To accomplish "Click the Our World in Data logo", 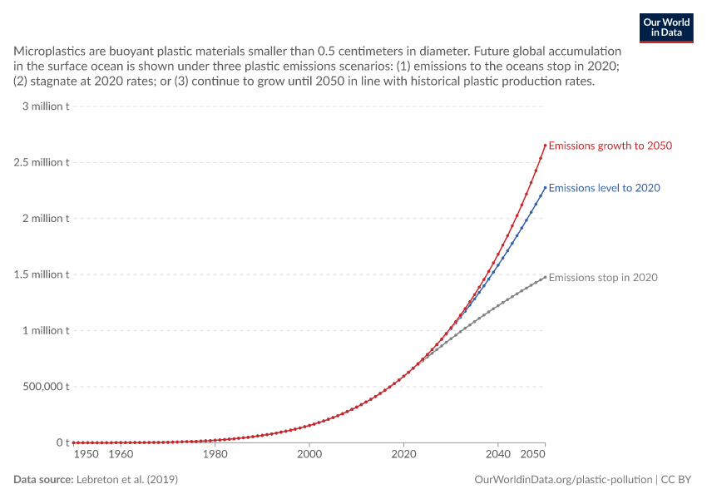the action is tap(666, 28).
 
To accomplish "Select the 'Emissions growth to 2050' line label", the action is tap(610, 146).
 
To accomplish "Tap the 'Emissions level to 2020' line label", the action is tap(604, 188).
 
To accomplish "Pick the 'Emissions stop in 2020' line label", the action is tap(603, 277).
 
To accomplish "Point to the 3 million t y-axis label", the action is tap(46, 106).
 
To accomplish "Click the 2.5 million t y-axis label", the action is tap(42, 162).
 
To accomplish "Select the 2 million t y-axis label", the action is tap(46, 218).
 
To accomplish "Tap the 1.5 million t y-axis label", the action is tap(42, 274).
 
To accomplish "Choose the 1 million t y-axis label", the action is tap(46, 330).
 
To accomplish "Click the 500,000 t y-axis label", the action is tap(46, 386).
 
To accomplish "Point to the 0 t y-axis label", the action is tap(62, 442).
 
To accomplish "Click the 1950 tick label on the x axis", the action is tap(87, 454).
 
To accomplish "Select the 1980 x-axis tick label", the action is tap(215, 454).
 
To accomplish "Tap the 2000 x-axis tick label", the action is tap(309, 454).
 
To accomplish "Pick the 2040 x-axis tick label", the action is tap(497, 454).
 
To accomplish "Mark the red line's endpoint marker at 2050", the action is tap(545, 146).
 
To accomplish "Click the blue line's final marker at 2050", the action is tap(545, 187).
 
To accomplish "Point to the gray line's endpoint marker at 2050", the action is tap(545, 277).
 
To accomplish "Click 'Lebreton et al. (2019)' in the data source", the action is tap(127, 479).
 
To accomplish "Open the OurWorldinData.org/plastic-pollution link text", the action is tap(563, 480).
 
